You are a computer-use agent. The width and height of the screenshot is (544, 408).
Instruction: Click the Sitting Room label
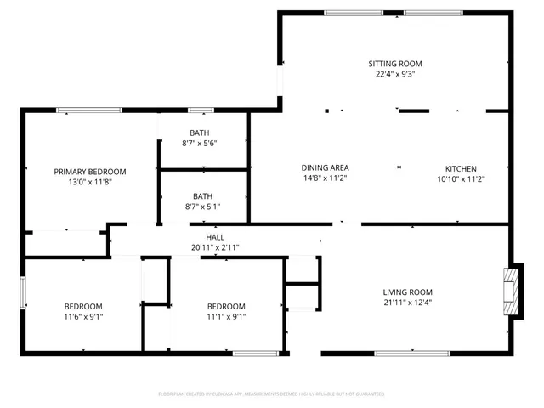point(395,64)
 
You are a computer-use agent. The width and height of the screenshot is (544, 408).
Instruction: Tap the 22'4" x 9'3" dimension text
point(395,74)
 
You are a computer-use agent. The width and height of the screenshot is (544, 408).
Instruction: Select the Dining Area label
point(326,167)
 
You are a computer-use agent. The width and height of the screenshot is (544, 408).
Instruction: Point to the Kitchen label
point(461,167)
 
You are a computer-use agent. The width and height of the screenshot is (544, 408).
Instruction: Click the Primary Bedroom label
point(90,171)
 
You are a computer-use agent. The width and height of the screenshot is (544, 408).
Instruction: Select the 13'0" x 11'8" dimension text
point(90,182)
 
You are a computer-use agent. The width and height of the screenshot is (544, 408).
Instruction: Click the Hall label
point(215,237)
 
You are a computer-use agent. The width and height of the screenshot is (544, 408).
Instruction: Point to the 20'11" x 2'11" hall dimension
point(215,247)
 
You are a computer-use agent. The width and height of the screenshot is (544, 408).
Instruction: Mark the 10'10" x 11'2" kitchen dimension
point(461,178)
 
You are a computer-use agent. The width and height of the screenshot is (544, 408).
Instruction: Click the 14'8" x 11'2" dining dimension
point(326,178)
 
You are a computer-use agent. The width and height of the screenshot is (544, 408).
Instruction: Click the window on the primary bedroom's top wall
point(88,110)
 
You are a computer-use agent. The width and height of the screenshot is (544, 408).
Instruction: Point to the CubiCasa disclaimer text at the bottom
point(272,394)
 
